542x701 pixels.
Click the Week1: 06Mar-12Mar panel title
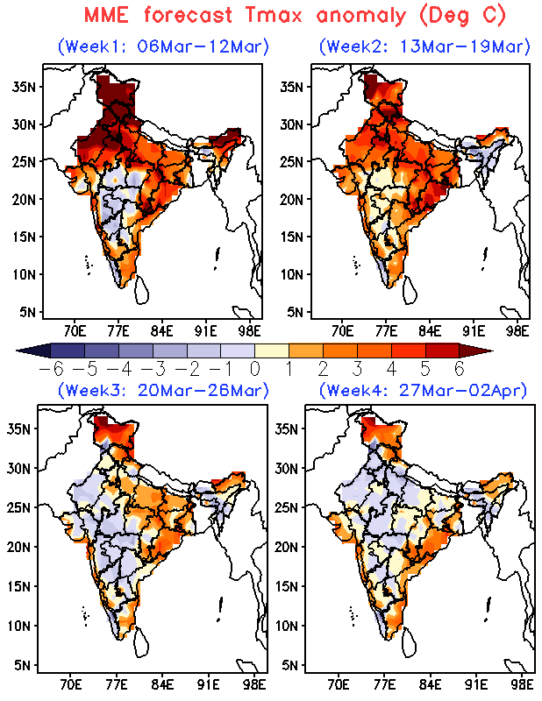pos(163,46)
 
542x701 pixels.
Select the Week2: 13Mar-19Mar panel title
pos(424,46)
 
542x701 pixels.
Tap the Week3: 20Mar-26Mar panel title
pos(163,389)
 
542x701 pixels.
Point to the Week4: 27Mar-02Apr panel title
pos(423,389)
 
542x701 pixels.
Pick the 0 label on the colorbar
pos(254,369)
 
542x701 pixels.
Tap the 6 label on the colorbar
pos(459,369)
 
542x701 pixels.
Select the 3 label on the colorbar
pos(356,369)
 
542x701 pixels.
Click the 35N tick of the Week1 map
pos(26,87)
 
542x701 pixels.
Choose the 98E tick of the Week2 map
pos(518,331)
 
